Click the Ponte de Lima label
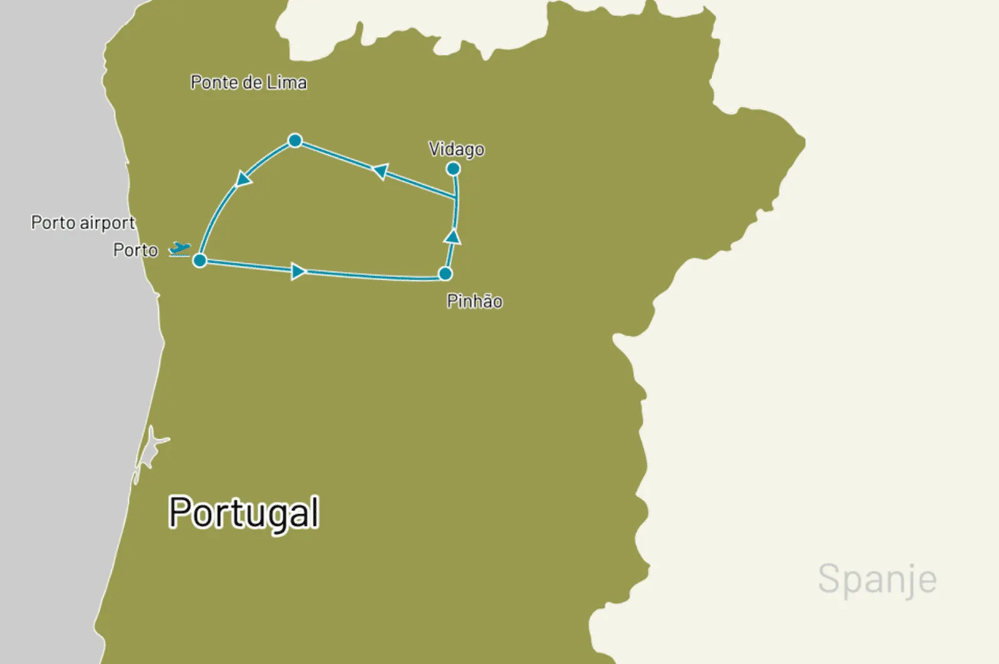(249, 82)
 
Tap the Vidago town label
(456, 149)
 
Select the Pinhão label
(475, 301)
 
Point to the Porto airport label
(83, 223)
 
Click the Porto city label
(135, 250)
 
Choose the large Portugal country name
(244, 513)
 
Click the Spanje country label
(877, 579)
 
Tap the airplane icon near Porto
(180, 249)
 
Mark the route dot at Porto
(200, 260)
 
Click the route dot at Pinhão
(445, 273)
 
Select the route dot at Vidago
(453, 169)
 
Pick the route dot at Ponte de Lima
(295, 140)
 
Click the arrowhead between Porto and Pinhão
(298, 271)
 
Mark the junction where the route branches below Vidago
(456, 199)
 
